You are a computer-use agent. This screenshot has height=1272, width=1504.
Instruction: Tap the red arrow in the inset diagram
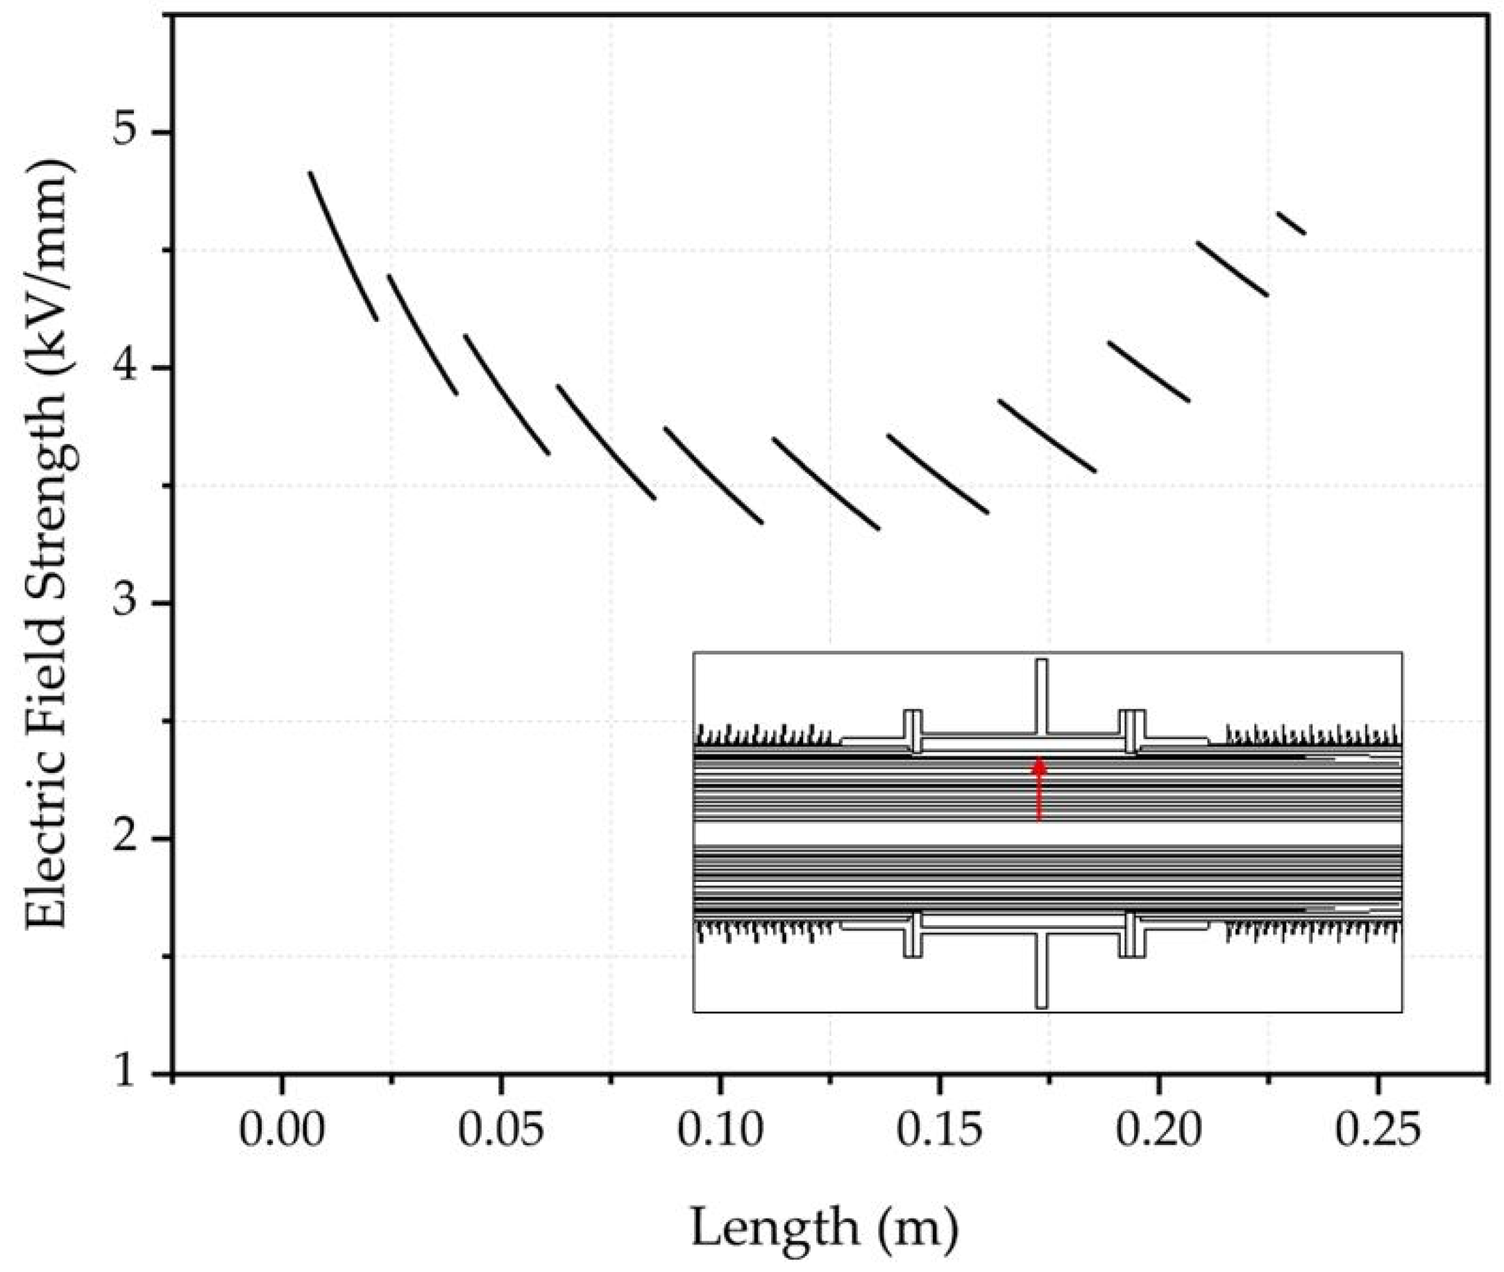pyautogui.click(x=1038, y=789)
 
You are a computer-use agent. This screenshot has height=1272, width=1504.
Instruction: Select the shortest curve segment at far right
pyautogui.click(x=1292, y=222)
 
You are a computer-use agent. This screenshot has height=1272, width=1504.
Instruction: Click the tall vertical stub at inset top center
pyautogui.click(x=1041, y=696)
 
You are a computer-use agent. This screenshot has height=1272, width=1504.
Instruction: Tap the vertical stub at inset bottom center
pyautogui.click(x=1041, y=970)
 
